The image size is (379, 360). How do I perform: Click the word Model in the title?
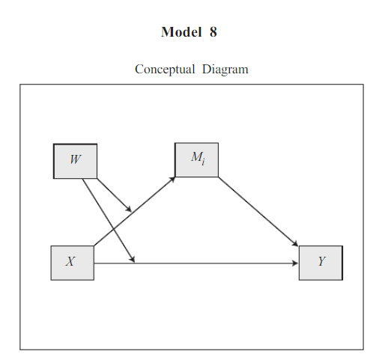179,32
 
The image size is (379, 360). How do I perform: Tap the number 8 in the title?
213,32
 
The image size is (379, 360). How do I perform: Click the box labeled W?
75,160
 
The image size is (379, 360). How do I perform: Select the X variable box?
72,262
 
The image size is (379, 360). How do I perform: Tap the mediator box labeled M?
196,159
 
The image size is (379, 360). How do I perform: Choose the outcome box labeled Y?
321,262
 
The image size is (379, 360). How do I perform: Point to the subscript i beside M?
203,161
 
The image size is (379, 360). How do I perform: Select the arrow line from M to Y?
258,211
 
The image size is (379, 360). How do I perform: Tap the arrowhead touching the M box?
172,179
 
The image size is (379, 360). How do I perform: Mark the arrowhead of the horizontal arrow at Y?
294,263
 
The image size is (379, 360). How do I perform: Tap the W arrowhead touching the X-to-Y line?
133,259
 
